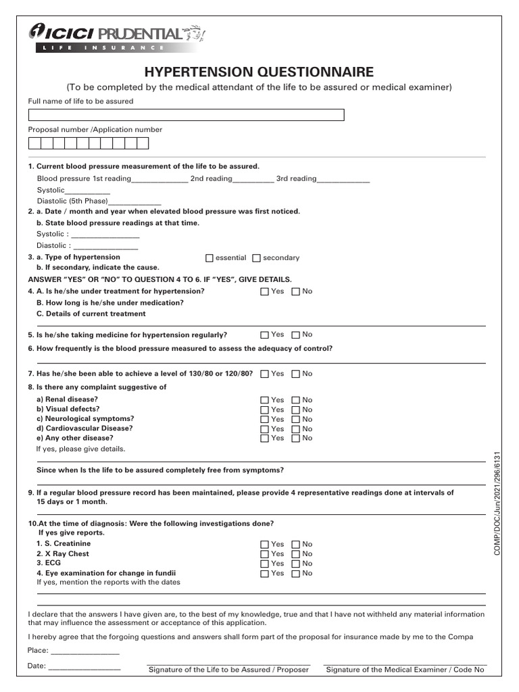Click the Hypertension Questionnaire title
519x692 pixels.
coord(258,72)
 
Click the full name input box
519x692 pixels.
coord(186,115)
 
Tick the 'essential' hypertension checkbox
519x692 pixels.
coord(209,258)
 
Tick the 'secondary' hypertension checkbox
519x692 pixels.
coord(257,258)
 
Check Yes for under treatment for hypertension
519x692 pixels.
coord(265,292)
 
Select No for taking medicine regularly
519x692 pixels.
coord(296,335)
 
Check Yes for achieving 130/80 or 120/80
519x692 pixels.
coord(265,374)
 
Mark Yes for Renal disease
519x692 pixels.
coord(265,401)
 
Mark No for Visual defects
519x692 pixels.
coord(296,410)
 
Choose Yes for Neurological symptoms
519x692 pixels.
coord(265,420)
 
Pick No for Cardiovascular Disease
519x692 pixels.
coord(296,429)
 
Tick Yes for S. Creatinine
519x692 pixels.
coord(265,545)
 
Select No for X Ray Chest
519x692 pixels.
coord(296,554)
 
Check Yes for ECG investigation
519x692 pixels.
coord(265,564)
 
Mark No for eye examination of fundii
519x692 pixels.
coord(296,574)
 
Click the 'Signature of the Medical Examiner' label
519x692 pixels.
coord(405,670)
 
